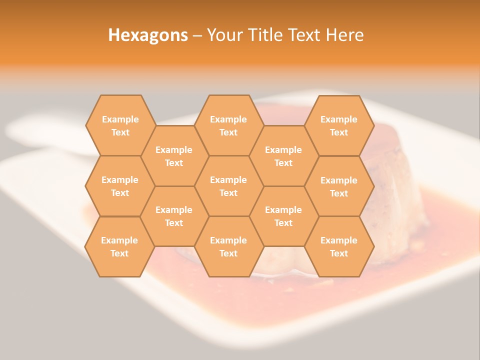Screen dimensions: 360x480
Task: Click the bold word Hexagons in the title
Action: click(x=148, y=35)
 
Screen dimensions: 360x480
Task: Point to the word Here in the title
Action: click(x=345, y=35)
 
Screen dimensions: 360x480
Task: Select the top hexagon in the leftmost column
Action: click(x=120, y=125)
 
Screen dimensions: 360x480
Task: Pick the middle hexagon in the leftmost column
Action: click(x=120, y=186)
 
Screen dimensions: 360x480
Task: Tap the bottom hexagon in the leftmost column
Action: click(x=119, y=246)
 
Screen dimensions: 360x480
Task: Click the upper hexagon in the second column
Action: click(x=174, y=156)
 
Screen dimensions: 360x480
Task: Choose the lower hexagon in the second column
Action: click(x=174, y=216)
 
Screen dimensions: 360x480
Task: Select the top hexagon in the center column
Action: click(x=228, y=125)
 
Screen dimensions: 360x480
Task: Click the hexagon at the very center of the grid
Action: click(x=228, y=186)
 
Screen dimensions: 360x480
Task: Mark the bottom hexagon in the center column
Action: click(x=228, y=246)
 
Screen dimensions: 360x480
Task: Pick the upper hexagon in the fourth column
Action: click(x=283, y=156)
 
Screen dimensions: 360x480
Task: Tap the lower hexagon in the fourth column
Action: click(x=283, y=216)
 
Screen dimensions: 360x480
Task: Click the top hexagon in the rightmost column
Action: click(x=339, y=125)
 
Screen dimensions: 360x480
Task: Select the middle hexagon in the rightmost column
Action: click(x=339, y=186)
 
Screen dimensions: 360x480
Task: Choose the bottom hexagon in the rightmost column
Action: click(x=339, y=246)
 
